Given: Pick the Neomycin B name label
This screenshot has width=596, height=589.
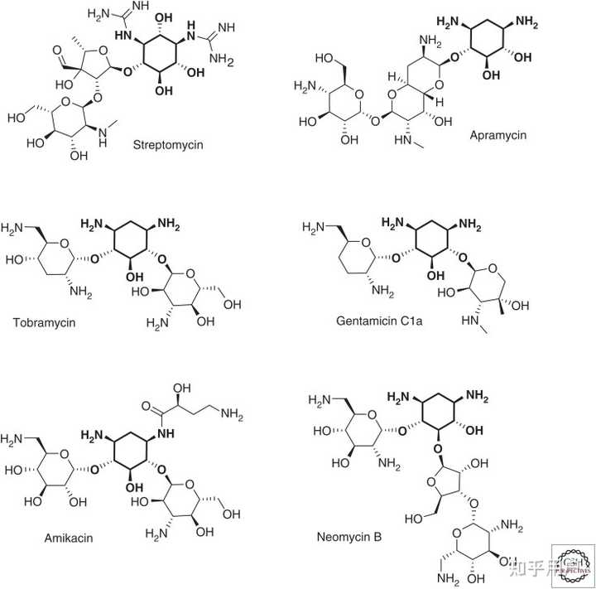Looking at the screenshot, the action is [348, 538].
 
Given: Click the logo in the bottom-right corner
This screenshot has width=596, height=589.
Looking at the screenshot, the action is [572, 565].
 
